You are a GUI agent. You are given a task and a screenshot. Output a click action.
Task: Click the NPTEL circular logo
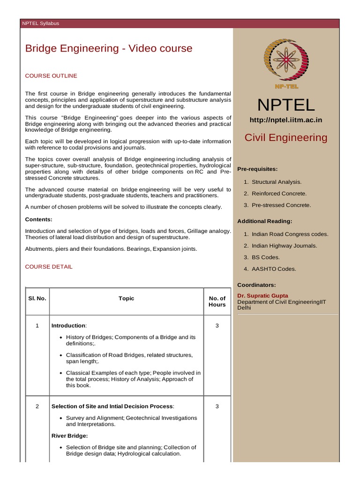(x=285, y=62)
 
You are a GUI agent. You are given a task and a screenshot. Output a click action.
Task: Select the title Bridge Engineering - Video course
(x=108, y=48)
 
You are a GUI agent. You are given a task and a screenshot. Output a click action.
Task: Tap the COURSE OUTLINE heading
(x=51, y=75)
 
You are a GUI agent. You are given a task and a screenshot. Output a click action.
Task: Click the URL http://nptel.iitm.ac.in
(x=285, y=120)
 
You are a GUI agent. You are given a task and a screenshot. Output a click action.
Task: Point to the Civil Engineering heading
(x=286, y=137)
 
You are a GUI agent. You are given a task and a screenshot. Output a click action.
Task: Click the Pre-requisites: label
(x=257, y=169)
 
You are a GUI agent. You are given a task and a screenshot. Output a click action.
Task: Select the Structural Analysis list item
(x=277, y=182)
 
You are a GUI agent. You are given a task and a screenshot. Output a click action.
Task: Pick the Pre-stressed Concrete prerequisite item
(x=281, y=205)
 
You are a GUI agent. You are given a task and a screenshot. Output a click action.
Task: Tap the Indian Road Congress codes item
(x=290, y=234)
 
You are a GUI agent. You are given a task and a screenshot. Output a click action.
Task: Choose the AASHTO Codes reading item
(x=274, y=269)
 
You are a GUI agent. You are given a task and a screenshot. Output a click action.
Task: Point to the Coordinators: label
(x=256, y=285)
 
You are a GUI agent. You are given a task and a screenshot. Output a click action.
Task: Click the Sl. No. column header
(x=37, y=299)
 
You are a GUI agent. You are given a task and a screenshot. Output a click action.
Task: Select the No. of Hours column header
(x=217, y=301)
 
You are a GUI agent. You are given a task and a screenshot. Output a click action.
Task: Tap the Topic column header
(x=127, y=299)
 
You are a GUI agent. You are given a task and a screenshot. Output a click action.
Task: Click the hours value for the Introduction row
(x=217, y=326)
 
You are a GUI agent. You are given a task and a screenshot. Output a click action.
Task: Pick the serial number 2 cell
(x=37, y=406)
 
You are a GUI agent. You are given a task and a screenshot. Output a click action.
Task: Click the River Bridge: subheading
(x=70, y=436)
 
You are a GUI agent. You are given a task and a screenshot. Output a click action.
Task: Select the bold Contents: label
(x=38, y=219)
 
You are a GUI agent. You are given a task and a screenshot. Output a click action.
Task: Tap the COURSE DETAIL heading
(x=49, y=267)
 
